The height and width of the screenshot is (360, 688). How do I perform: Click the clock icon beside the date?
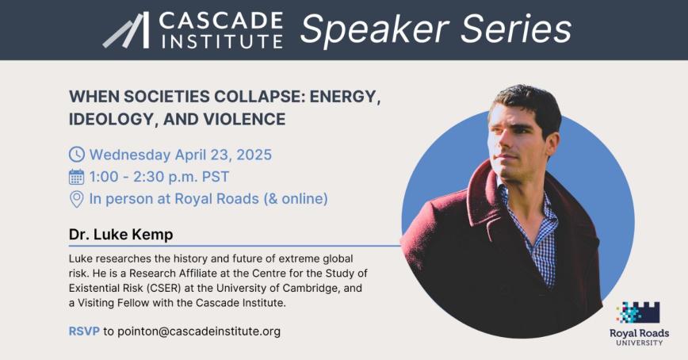pyautogui.click(x=77, y=155)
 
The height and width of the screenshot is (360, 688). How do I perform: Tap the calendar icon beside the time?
pyautogui.click(x=77, y=176)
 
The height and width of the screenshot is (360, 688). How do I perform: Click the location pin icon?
pyautogui.click(x=77, y=198)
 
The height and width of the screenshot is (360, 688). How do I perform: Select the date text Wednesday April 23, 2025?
pyautogui.click(x=181, y=155)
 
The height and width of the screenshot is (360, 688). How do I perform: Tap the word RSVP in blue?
pyautogui.click(x=84, y=331)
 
